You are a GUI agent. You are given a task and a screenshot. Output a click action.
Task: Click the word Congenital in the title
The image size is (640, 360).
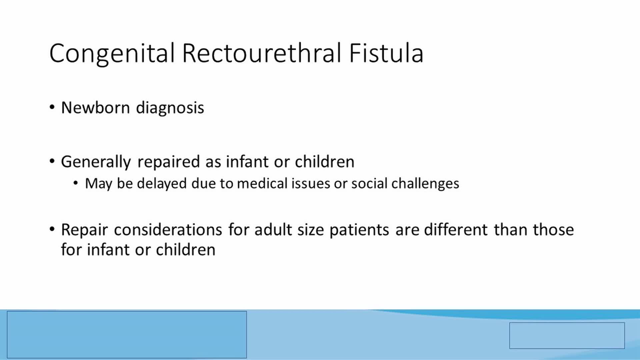click(x=112, y=53)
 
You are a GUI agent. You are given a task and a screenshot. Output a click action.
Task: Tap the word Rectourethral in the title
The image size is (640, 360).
click(x=262, y=53)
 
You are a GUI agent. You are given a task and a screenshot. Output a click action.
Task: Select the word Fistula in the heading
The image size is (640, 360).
click(x=386, y=53)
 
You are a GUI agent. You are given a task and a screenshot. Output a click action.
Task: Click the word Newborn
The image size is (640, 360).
click(x=95, y=108)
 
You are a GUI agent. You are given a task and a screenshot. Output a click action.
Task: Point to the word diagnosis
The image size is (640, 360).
click(x=170, y=108)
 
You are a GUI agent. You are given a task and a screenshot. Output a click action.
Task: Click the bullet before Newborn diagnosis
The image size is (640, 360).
click(x=52, y=107)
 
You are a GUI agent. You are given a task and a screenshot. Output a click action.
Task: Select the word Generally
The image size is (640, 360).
click(x=96, y=162)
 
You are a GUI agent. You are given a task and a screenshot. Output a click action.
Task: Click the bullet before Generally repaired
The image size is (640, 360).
click(x=52, y=161)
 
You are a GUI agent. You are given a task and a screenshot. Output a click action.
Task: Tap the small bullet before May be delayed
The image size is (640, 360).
click(x=76, y=183)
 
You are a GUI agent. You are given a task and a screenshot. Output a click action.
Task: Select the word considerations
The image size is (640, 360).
click(x=168, y=230)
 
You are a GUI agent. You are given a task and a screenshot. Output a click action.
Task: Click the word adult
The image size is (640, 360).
click(x=273, y=230)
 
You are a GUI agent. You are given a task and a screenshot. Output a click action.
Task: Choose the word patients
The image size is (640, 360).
click(x=359, y=230)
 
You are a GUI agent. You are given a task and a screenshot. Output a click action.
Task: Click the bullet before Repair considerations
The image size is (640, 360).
click(x=52, y=229)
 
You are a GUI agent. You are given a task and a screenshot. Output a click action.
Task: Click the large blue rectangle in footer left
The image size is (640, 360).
click(x=127, y=334)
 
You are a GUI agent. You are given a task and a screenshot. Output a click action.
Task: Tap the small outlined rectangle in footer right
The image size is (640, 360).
click(x=567, y=335)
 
